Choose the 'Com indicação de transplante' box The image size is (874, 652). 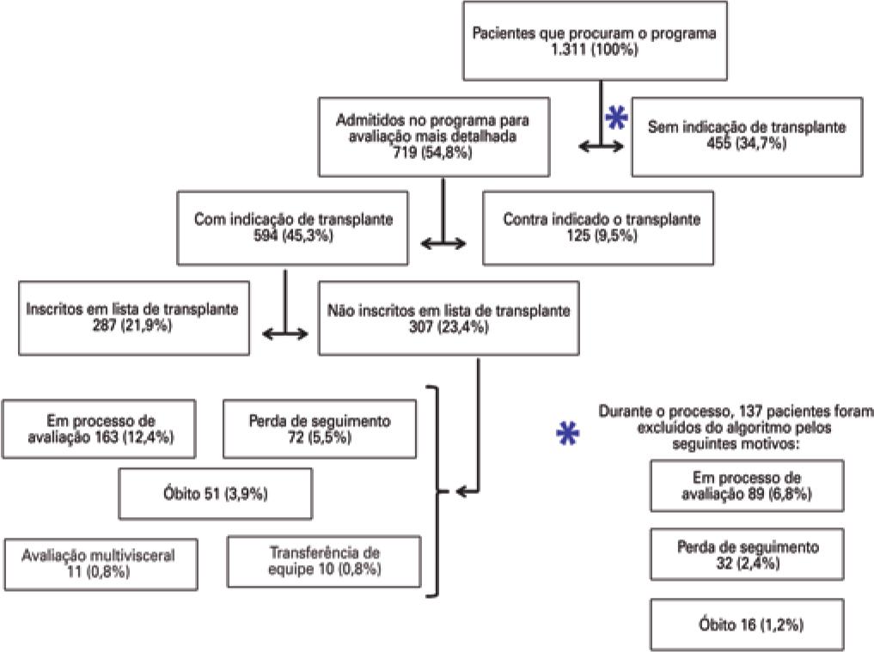click(x=294, y=228)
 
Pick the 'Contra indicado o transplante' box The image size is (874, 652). click(x=598, y=228)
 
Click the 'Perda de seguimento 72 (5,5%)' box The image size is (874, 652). click(x=319, y=429)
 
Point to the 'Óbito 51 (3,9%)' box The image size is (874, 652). click(x=216, y=494)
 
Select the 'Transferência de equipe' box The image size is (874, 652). click(x=324, y=561)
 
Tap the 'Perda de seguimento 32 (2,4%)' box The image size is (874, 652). click(x=746, y=555)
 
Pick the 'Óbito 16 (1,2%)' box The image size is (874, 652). click(x=746, y=625)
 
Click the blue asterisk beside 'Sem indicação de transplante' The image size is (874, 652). click(x=615, y=118)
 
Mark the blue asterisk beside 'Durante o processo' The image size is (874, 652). click(x=567, y=435)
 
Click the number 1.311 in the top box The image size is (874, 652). click(x=572, y=52)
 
